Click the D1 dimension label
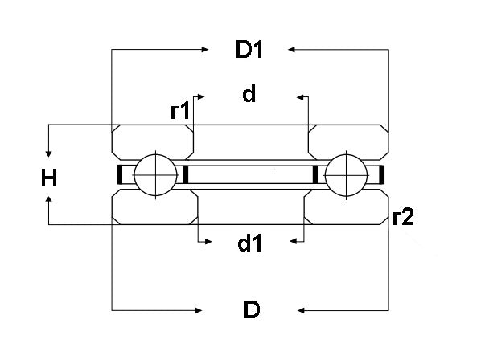tap(249, 50)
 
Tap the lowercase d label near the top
tap(249, 96)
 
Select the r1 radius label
tap(180, 112)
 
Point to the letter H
tap(49, 178)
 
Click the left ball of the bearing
tap(154, 174)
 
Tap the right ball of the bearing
tap(346, 174)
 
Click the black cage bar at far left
tap(121, 174)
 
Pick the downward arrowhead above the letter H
tap(50, 153)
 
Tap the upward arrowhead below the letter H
tap(50, 202)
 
